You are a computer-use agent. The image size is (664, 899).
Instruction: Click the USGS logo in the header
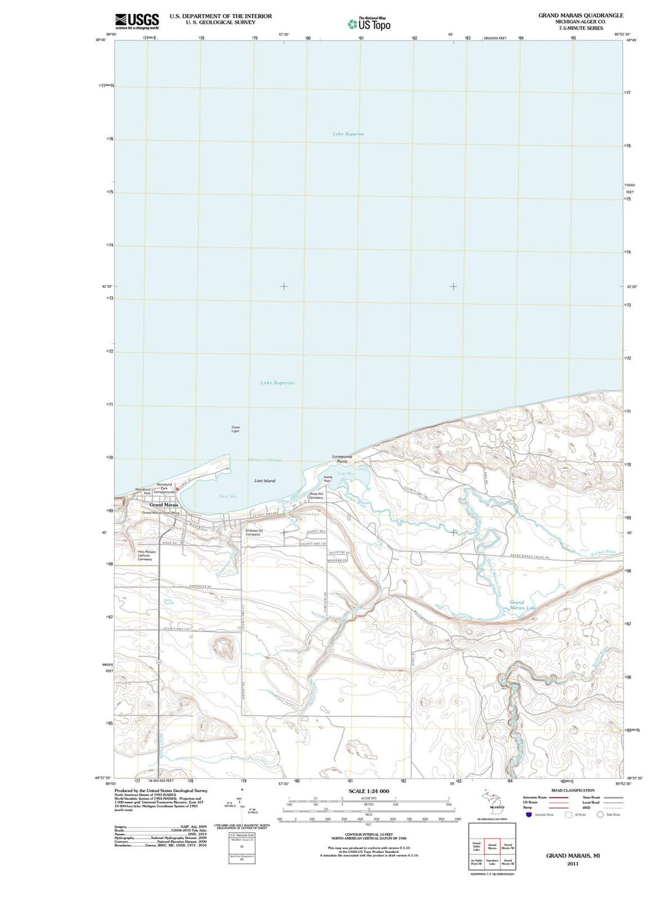coord(136,21)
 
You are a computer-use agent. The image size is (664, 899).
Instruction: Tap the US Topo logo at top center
coord(369,24)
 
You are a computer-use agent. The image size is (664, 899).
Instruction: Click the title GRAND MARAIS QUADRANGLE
coord(580,15)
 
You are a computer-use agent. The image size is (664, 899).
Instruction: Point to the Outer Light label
coord(235,429)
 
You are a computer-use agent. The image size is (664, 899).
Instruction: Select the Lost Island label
coord(265,481)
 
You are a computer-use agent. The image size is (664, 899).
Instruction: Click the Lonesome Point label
coord(342,459)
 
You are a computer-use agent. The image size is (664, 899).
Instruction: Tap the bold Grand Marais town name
coord(164,505)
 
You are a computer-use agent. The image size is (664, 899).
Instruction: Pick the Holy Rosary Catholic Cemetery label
coord(146,555)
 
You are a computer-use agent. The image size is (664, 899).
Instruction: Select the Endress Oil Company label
coord(253,532)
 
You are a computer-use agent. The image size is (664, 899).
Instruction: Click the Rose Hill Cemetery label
coord(316,496)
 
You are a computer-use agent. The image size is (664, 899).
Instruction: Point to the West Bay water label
coord(228,496)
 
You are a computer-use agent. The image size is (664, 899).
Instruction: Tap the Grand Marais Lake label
coord(522,605)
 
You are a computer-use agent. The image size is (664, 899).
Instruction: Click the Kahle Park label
coord(328,479)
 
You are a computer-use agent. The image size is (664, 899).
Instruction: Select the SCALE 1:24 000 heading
coord(369,791)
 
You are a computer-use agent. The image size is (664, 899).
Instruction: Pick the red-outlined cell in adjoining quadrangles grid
coord(492,847)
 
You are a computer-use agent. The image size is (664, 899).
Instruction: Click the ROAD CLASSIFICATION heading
coord(572,790)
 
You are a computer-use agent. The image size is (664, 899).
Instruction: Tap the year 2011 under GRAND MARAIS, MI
coord(572,864)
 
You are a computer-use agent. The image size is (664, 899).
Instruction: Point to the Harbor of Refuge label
coord(264,460)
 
